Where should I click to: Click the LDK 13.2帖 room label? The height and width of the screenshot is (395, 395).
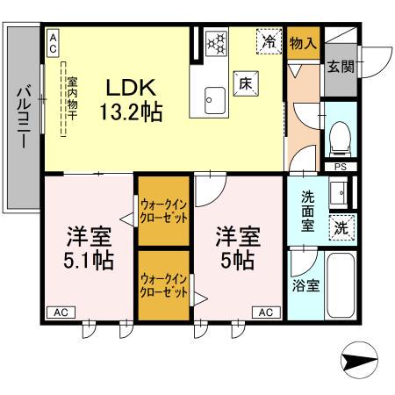coord(132,100)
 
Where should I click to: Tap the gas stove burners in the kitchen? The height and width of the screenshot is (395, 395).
coord(216,42)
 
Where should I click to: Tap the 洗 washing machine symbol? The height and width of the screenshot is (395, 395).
coord(342,226)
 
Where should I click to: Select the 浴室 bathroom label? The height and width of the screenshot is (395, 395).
coord(305,284)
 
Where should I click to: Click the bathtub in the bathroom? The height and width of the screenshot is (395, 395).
coord(340,285)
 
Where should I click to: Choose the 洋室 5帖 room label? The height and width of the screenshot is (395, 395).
coord(237,248)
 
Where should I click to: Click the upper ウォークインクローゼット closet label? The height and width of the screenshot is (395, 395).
coord(164,212)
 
